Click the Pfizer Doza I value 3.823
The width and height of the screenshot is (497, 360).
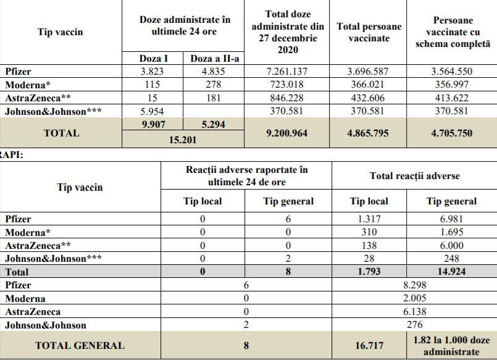click(x=152, y=71)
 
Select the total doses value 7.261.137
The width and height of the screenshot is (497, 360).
click(x=287, y=71)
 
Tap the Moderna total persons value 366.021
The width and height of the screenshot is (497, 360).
click(x=369, y=85)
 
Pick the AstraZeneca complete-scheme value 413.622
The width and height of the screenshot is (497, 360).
click(x=452, y=98)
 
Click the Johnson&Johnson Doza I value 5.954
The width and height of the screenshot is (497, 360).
click(x=152, y=111)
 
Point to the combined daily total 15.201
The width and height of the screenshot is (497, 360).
click(x=183, y=140)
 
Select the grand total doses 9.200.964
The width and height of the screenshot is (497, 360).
click(x=287, y=132)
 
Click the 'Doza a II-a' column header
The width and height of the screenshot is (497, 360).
click(x=214, y=58)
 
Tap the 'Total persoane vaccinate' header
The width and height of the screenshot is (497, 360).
click(x=369, y=32)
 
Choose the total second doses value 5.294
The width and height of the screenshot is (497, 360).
click(x=214, y=125)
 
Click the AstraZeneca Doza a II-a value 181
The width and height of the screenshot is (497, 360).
click(x=214, y=98)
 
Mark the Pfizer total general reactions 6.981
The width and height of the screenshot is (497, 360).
click(x=451, y=219)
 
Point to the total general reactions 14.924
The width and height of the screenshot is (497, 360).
click(x=451, y=271)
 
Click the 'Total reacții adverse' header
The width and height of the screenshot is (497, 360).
click(x=414, y=176)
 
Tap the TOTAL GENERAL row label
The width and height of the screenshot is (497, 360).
click(x=80, y=346)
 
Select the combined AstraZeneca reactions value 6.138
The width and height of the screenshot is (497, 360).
click(x=414, y=312)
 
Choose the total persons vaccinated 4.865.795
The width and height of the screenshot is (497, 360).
click(x=369, y=132)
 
